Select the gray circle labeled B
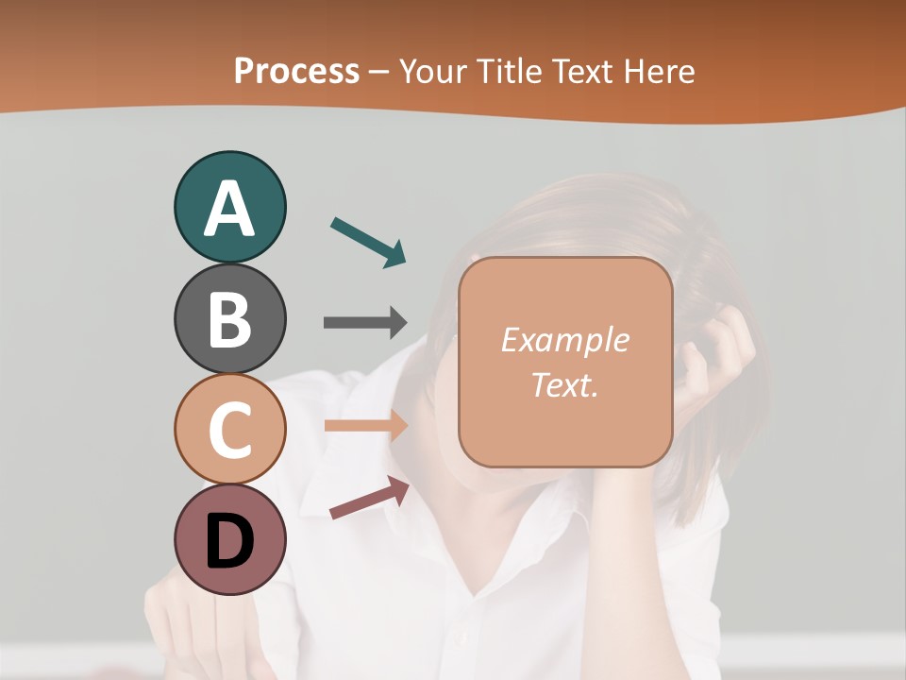click(229, 318)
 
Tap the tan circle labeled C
click(229, 429)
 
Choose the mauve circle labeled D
click(229, 539)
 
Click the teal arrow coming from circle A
click(368, 242)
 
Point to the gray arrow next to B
click(364, 322)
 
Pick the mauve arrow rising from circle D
click(369, 498)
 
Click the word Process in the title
click(296, 72)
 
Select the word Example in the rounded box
click(564, 340)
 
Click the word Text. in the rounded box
click(564, 384)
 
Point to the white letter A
click(229, 209)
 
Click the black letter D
click(229, 542)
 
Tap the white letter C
click(229, 431)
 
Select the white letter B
click(229, 320)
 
